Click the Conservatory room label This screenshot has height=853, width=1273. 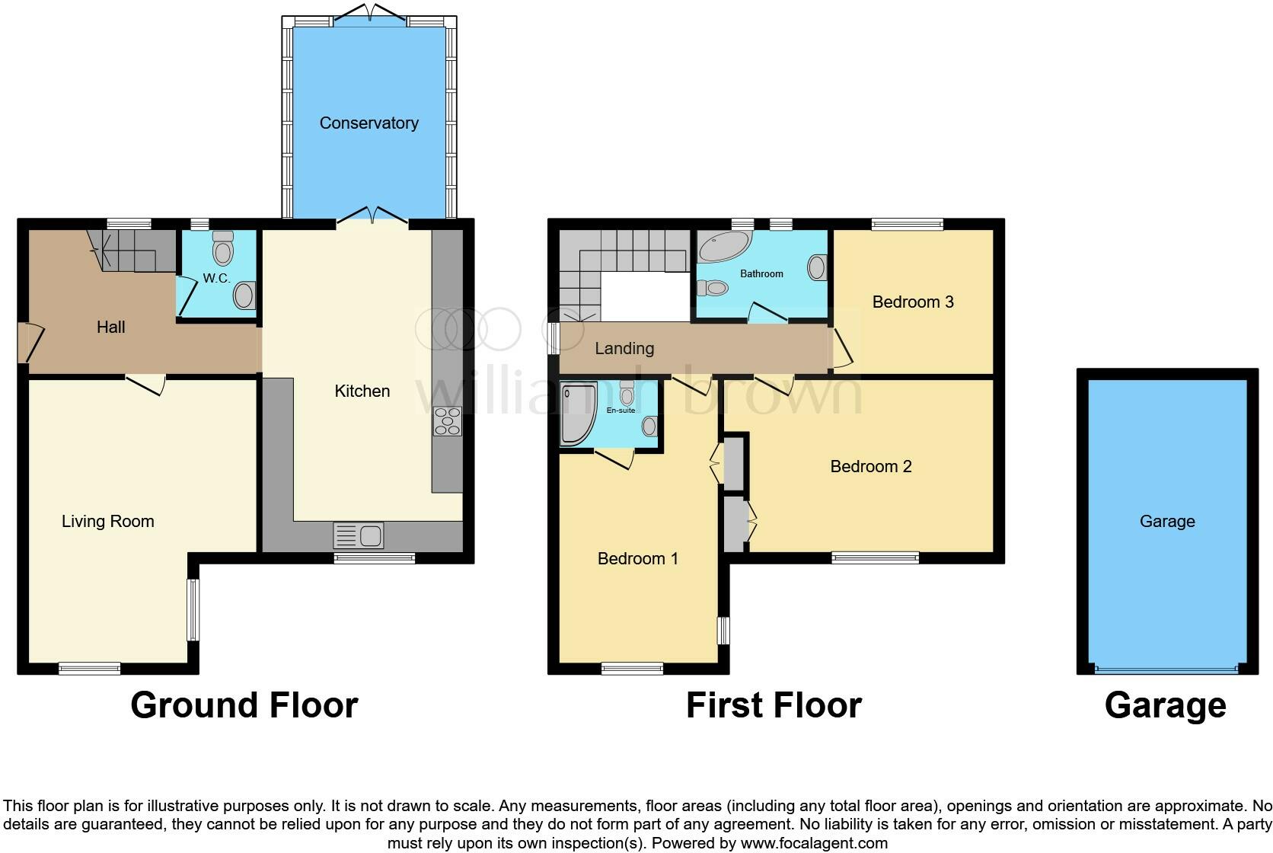tap(368, 123)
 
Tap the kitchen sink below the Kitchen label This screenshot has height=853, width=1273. tap(358, 535)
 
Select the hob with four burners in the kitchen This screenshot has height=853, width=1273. tap(447, 421)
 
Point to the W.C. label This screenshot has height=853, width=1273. tap(216, 279)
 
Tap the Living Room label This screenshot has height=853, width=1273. tap(107, 522)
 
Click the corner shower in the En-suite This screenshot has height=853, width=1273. tap(576, 414)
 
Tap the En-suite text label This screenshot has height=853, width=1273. tap(621, 411)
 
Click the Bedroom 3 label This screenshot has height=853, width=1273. tap(912, 302)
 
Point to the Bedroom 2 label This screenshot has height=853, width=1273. tap(870, 467)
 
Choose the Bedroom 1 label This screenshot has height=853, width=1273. tap(637, 559)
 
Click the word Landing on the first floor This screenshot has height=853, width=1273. tap(624, 349)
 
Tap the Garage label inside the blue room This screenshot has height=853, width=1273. tap(1166, 522)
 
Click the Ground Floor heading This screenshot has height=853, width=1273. tap(244, 705)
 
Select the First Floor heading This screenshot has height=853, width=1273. tap(773, 705)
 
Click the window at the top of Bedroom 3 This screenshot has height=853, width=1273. tap(907, 224)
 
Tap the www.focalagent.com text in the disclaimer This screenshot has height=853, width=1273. tap(814, 843)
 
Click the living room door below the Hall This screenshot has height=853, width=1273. tap(145, 383)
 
